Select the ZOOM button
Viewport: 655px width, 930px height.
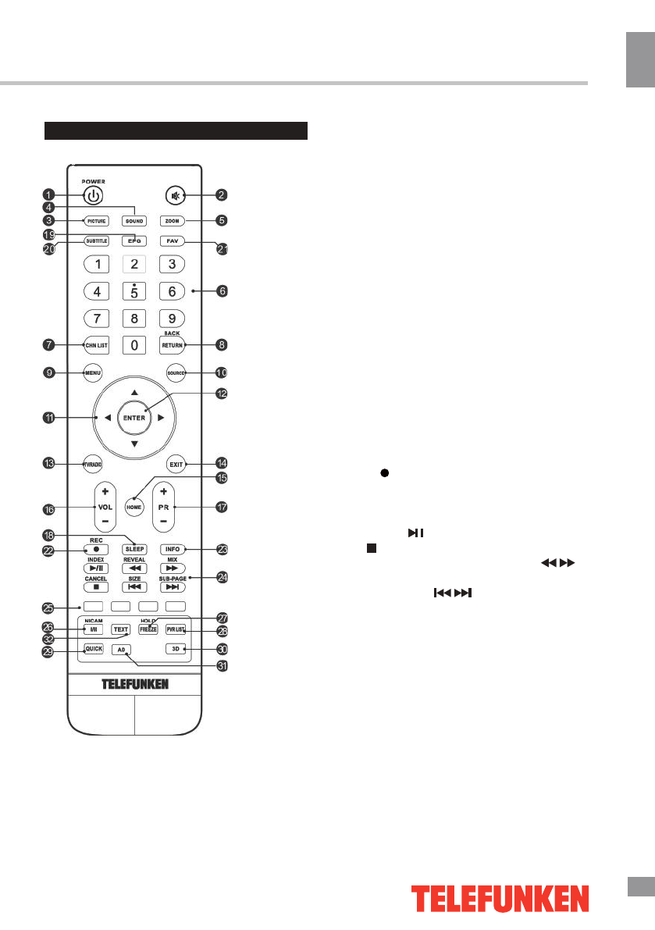pos(173,221)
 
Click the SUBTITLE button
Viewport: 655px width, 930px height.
pos(96,241)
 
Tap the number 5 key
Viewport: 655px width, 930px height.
pos(134,292)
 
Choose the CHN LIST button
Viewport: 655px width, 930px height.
pos(96,344)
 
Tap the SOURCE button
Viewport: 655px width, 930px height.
pos(174,372)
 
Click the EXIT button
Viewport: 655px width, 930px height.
pos(174,464)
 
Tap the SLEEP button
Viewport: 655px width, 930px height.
pos(134,549)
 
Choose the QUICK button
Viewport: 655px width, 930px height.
pos(94,649)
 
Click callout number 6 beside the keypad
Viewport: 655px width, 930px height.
pos(223,291)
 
